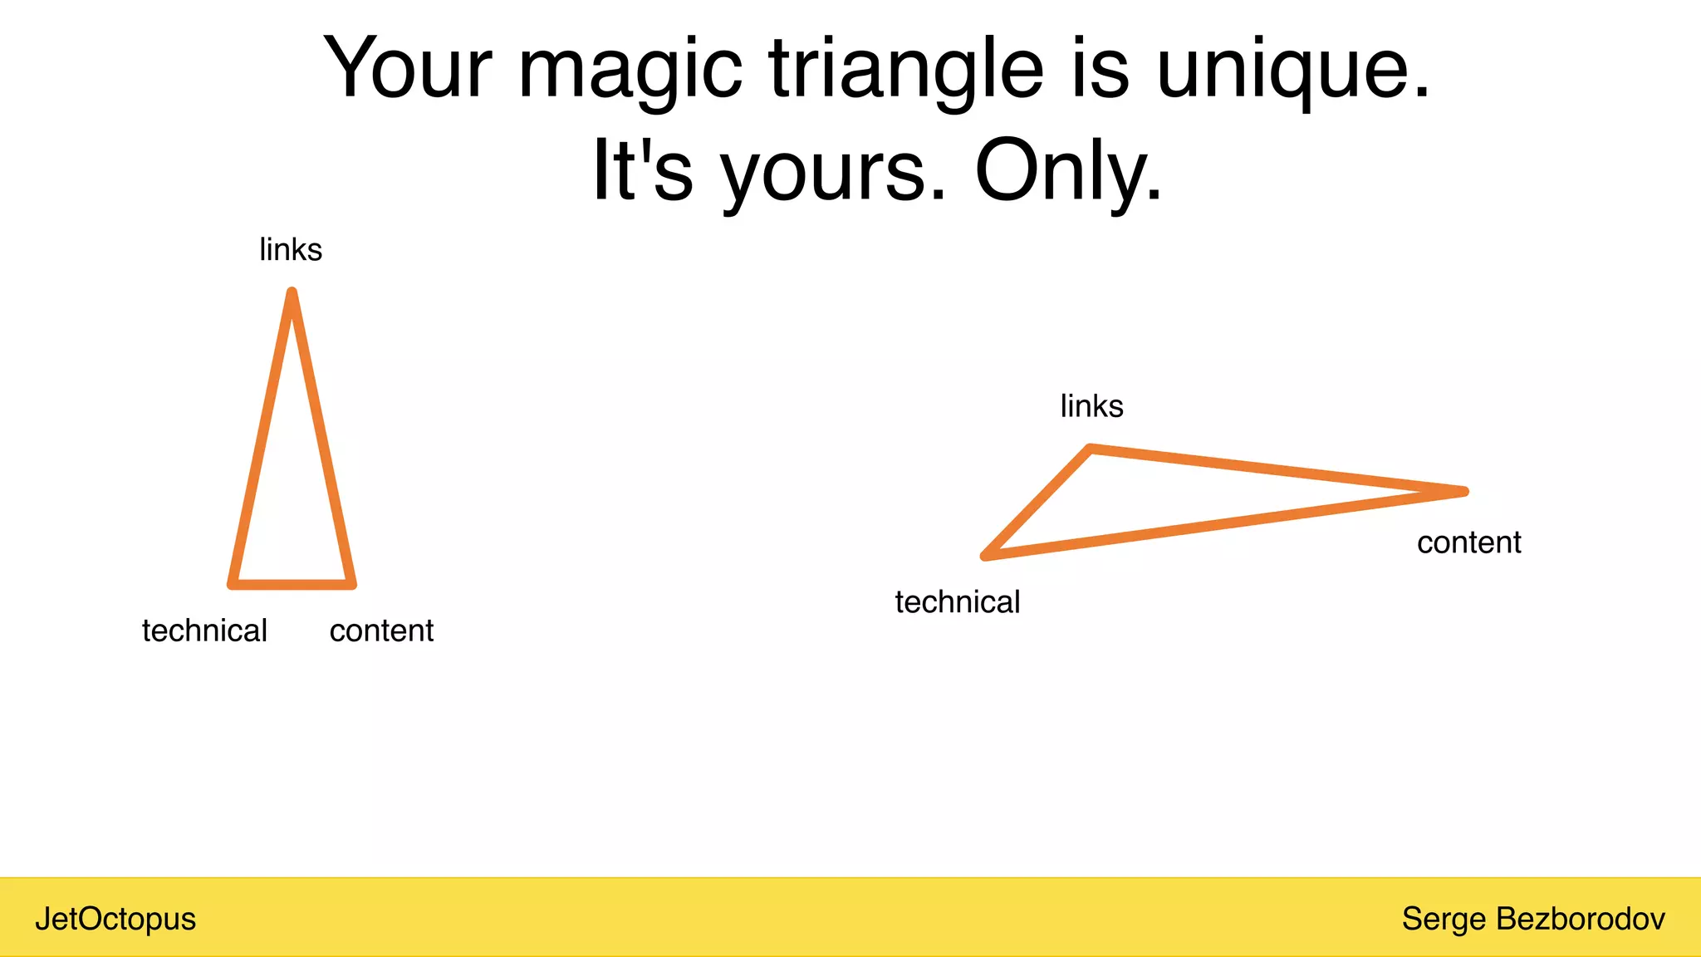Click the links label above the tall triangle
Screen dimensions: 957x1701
coord(291,249)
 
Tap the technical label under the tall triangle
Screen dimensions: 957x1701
coord(204,631)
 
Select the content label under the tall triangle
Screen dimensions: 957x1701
coord(381,631)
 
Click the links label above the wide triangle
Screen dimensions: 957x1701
coord(1091,406)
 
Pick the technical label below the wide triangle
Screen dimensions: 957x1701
coord(957,602)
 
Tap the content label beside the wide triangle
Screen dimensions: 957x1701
coord(1468,542)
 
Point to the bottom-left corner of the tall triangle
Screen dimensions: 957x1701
coord(233,584)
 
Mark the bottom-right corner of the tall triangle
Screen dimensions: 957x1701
coord(351,584)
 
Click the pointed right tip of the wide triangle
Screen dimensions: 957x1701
coord(1463,492)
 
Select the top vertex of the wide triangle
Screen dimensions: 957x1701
coord(1090,449)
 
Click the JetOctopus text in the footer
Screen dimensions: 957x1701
coord(115,919)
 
